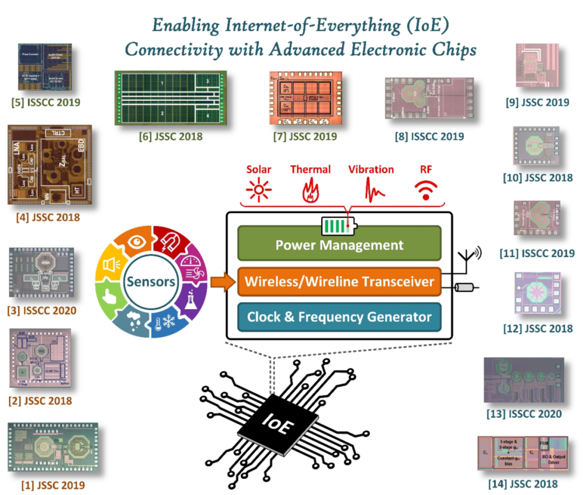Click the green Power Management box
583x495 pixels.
(x=339, y=245)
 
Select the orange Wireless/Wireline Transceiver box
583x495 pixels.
(x=339, y=282)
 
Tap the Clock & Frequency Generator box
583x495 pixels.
(x=339, y=317)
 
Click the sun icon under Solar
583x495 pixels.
(x=259, y=190)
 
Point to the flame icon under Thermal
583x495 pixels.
(x=310, y=190)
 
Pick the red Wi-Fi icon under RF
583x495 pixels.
(x=426, y=190)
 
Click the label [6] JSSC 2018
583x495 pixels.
(x=170, y=136)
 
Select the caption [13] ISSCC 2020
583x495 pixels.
(x=523, y=414)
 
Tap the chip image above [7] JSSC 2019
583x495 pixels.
(x=304, y=99)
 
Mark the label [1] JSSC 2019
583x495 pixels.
(x=53, y=485)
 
